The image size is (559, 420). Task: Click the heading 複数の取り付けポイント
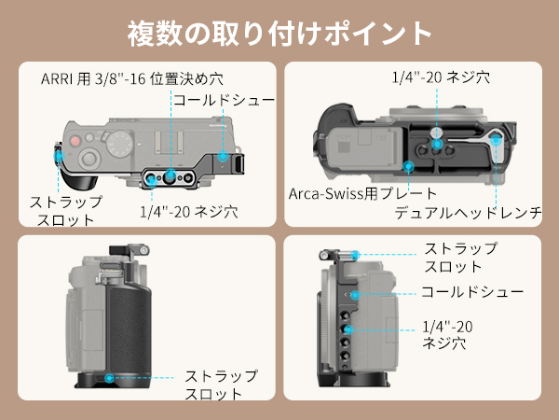(279, 33)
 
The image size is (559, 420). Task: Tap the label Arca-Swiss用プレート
(347, 193)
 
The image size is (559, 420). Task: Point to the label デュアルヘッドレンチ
(468, 214)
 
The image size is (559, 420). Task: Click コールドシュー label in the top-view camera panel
(222, 99)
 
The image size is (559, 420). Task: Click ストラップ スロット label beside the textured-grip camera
(220, 385)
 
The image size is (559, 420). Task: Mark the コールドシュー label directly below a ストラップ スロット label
(471, 292)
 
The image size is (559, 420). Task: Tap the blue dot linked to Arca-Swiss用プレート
(410, 167)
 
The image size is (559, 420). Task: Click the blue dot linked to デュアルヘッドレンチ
(497, 141)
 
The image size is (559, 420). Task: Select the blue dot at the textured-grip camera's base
(110, 378)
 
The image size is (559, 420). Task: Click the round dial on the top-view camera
(87, 157)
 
